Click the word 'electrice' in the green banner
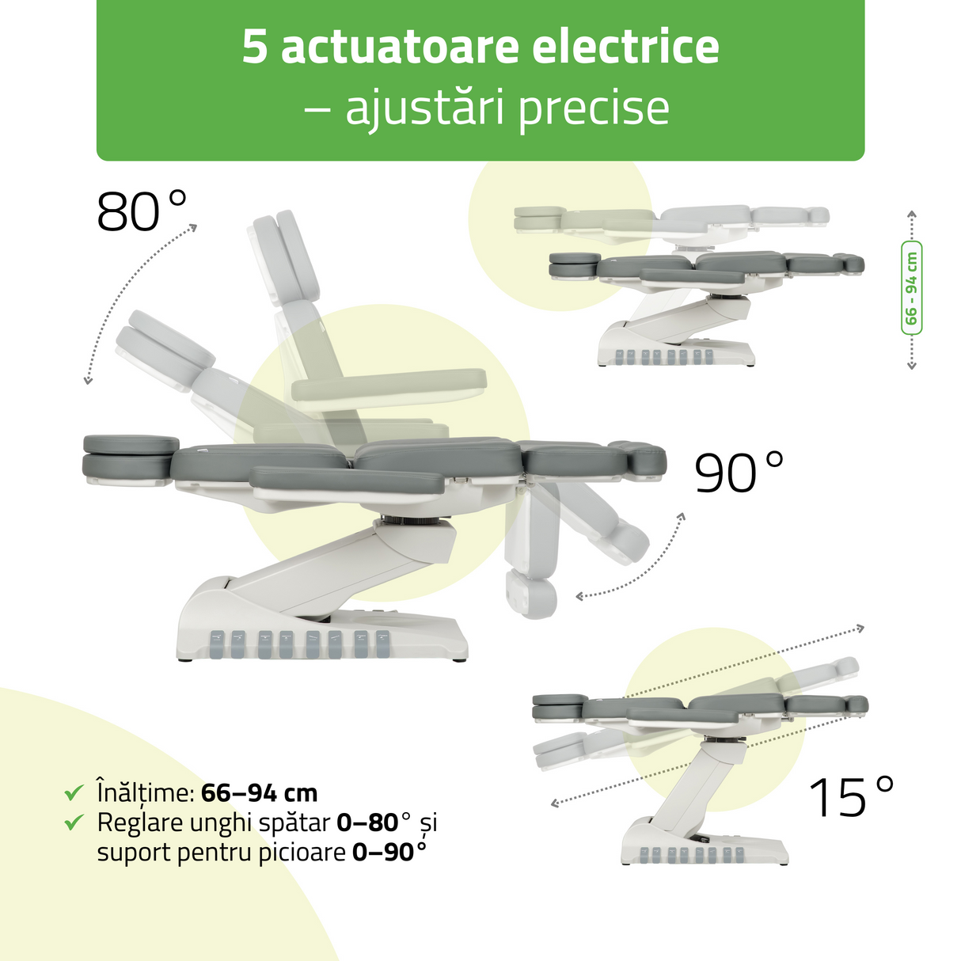(625, 47)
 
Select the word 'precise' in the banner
(594, 108)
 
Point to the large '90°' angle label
(739, 473)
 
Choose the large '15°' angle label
(851, 796)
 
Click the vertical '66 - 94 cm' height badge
(911, 288)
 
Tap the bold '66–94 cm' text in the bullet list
(259, 793)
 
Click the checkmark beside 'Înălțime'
(74, 792)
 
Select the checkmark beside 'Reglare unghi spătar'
(74, 822)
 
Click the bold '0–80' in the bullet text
(367, 823)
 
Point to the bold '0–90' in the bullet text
(383, 853)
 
